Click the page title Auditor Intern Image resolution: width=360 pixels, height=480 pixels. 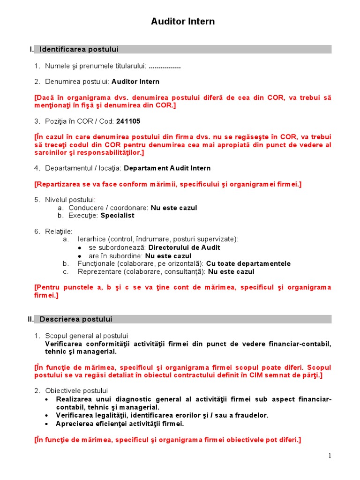[x=183, y=22]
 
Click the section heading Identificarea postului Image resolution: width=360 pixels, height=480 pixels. [x=79, y=49]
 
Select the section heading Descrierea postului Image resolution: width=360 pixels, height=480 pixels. [x=76, y=319]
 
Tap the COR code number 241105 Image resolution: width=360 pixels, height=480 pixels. [x=128, y=121]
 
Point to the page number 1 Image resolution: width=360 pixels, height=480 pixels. [x=330, y=456]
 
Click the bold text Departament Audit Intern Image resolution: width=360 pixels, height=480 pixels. [x=167, y=168]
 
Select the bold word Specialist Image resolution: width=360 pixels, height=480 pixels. [x=117, y=215]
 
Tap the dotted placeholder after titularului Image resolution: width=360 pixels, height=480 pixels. [x=165, y=66]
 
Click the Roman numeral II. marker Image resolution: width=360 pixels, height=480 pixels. [x=30, y=319]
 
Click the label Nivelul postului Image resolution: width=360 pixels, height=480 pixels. [x=70, y=200]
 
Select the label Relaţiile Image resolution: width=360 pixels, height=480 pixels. [x=59, y=232]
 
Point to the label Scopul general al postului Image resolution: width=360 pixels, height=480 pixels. [x=86, y=336]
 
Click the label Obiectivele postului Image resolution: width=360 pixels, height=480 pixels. [x=76, y=390]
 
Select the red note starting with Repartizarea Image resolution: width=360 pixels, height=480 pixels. [x=168, y=184]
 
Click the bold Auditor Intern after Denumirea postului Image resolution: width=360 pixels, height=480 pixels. [x=135, y=82]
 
